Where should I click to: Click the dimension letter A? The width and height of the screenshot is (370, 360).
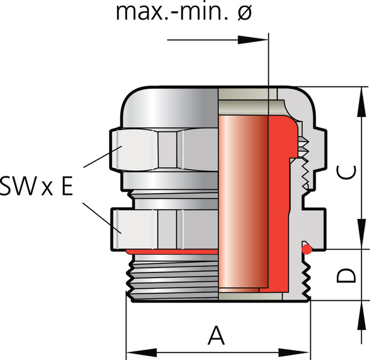point(215,336)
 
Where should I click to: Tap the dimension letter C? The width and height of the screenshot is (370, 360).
point(349,174)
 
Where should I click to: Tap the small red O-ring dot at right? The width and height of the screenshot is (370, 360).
point(306,249)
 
